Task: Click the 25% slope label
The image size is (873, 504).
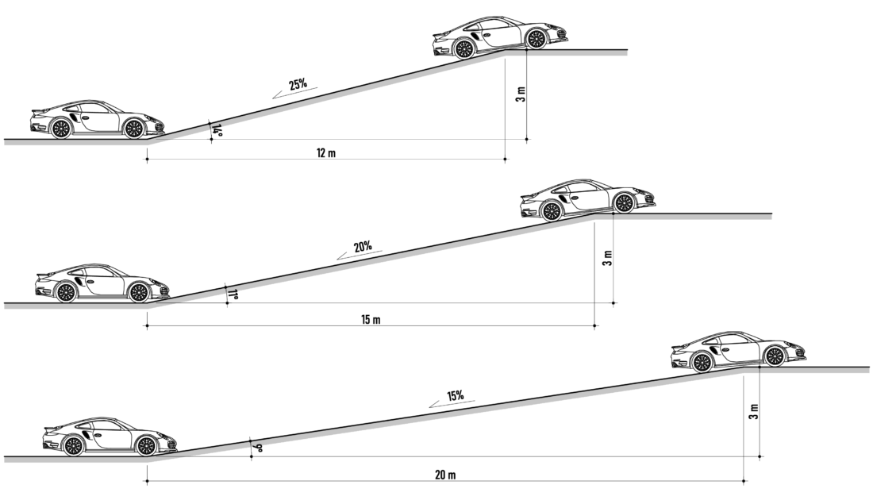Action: click(x=298, y=85)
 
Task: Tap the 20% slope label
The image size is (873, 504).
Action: click(x=363, y=246)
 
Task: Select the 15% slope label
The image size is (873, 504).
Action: click(x=455, y=396)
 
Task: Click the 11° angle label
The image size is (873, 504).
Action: click(x=233, y=294)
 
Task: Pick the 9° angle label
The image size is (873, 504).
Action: click(x=256, y=447)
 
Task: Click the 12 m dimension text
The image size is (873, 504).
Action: click(x=326, y=152)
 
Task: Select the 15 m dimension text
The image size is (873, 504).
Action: click(x=371, y=320)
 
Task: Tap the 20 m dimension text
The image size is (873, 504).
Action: click(x=445, y=475)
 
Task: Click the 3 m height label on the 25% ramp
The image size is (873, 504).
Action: click(x=521, y=94)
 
